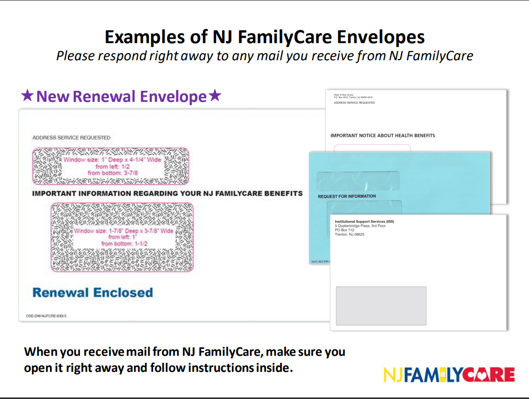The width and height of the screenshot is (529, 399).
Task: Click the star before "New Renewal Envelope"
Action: coord(27,95)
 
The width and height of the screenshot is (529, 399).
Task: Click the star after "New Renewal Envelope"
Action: coord(215,95)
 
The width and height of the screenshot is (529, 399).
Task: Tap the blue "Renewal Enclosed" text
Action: coord(93,293)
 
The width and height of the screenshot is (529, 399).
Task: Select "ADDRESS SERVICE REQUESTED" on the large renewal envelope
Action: coord(71,138)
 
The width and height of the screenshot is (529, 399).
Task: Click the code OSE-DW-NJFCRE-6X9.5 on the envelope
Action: coord(46,316)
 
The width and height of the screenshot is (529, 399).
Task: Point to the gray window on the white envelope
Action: coord(380,306)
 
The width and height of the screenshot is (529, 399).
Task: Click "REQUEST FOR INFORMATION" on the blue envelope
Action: coord(347,196)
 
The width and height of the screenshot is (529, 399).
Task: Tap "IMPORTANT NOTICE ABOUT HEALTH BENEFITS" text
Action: coord(382,136)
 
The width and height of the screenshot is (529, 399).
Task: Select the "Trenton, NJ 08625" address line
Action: coord(349,234)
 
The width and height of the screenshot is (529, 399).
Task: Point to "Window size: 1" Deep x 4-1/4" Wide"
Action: coord(112,160)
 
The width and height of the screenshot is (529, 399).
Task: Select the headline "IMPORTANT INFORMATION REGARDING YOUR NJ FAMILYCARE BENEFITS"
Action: coord(167,193)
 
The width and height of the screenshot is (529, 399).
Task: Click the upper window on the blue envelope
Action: coord(358,180)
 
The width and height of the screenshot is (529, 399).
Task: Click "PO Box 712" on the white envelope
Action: coord(344,230)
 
